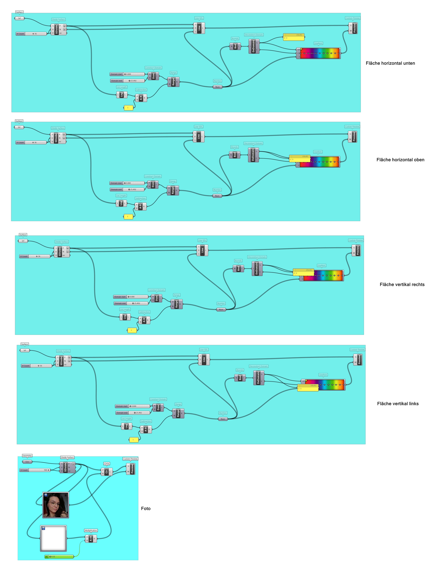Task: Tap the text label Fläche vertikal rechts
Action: tap(402, 284)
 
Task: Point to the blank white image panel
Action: tap(54, 538)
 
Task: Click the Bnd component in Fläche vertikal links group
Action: tap(240, 378)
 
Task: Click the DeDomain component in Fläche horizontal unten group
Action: tap(253, 46)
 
